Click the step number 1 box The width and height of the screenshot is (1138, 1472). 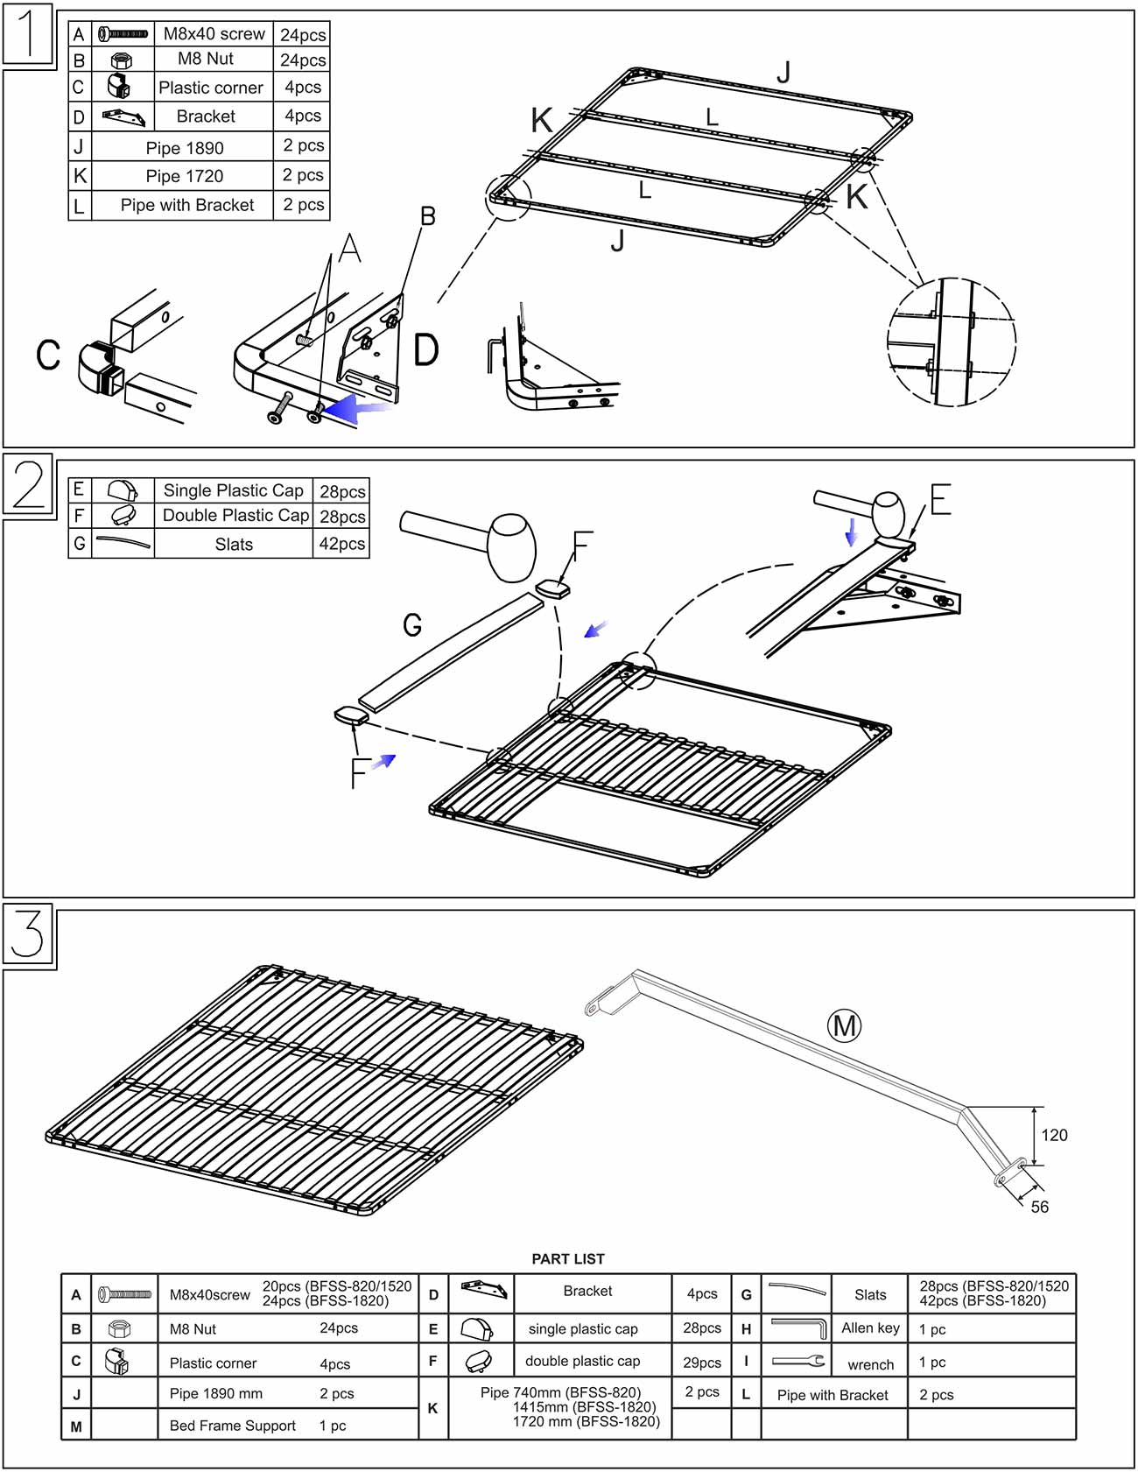point(28,34)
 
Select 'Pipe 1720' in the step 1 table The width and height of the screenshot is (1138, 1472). point(184,176)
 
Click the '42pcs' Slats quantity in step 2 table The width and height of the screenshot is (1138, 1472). point(341,544)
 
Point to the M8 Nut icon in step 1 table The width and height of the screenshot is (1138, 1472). point(122,60)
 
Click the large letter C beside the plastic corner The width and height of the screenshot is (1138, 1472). point(48,355)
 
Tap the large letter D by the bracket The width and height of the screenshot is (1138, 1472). point(425,350)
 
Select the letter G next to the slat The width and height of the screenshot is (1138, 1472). point(412,624)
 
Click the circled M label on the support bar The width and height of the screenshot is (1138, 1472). point(844,1025)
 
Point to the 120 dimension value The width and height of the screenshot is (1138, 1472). point(1054,1136)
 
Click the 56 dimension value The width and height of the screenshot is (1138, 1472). point(1039,1207)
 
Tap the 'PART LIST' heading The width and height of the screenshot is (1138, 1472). point(568,1258)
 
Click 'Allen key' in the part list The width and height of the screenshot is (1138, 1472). point(870,1328)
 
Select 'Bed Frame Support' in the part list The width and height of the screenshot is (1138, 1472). point(232,1426)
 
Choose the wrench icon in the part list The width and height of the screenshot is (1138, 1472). point(797,1362)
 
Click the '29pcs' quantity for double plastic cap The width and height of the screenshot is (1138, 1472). point(701,1363)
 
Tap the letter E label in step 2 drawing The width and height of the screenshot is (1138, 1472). point(940,500)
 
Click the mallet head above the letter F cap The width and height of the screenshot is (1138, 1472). point(510,546)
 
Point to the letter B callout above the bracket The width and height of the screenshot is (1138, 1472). point(427,216)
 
